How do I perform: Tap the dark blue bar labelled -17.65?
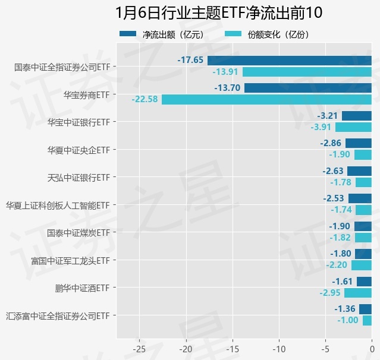click(289, 60)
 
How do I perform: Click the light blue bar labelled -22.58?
click(266, 99)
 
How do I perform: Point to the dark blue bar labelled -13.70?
click(308, 88)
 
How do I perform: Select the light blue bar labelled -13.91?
click(307, 72)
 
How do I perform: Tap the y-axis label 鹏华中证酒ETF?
click(82, 288)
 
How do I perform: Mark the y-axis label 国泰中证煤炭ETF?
click(78, 232)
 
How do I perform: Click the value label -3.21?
click(328, 115)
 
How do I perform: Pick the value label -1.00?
click(348, 321)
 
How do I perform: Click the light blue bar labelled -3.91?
click(353, 127)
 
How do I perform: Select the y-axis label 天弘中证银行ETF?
click(79, 177)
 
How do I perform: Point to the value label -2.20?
click(337, 266)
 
